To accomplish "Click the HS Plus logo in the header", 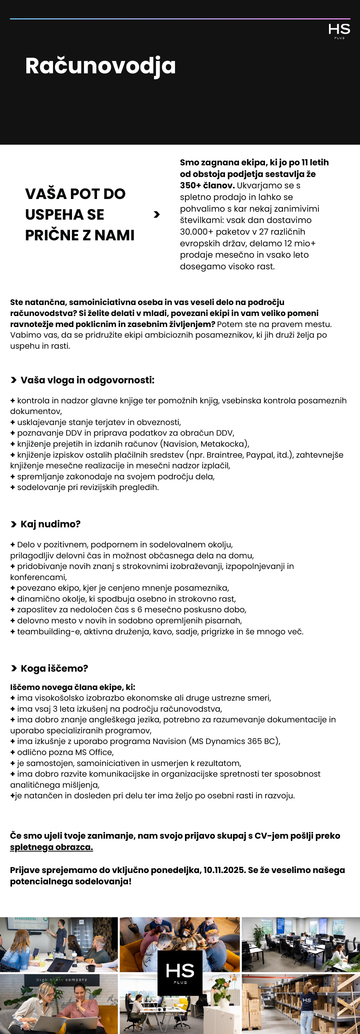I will click(x=339, y=31).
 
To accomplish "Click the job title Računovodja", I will click(x=100, y=65).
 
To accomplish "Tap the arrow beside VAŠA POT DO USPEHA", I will click(x=157, y=215).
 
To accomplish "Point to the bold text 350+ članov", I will click(x=207, y=185).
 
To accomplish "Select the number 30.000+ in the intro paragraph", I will click(x=197, y=232).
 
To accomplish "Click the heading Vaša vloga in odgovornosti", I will click(x=87, y=380).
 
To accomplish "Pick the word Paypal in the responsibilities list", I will click(x=260, y=455).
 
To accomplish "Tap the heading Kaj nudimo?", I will click(x=50, y=524).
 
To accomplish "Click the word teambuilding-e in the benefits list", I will click(x=48, y=631).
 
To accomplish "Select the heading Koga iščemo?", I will click(x=54, y=668).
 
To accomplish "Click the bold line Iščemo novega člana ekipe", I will click(x=73, y=687).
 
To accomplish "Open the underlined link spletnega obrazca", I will click(x=51, y=847).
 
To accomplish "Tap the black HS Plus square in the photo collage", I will click(x=180, y=973).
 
